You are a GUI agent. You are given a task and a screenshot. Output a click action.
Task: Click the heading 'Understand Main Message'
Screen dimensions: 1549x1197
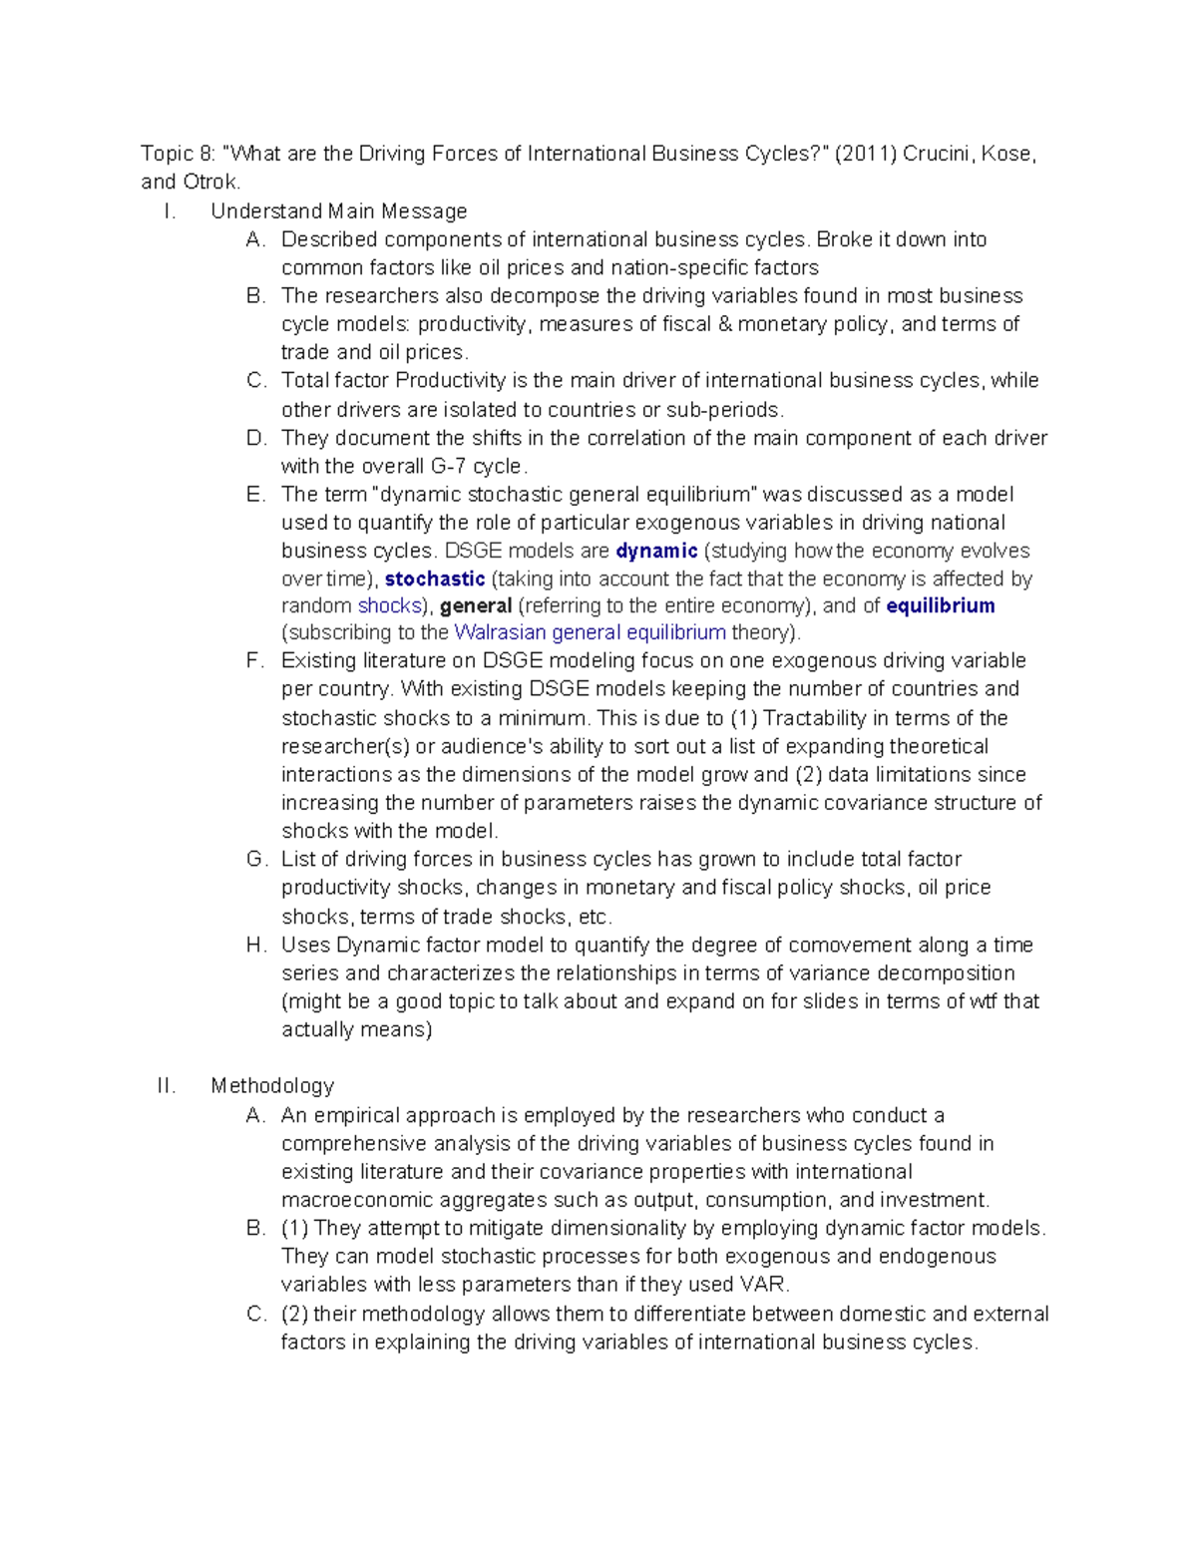tap(338, 210)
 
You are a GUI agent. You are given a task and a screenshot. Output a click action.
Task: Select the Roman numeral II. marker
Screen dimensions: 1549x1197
tap(166, 1085)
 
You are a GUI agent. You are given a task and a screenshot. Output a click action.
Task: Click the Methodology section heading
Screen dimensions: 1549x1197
tap(271, 1085)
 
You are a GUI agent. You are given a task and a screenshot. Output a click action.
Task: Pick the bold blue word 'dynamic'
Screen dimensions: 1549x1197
tap(656, 551)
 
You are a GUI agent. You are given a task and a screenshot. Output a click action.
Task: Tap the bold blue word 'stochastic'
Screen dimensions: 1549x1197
tap(434, 579)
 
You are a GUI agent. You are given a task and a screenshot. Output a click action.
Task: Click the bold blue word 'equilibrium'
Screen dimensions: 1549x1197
tap(940, 605)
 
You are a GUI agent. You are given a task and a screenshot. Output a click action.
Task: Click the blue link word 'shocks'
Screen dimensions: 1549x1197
tap(389, 605)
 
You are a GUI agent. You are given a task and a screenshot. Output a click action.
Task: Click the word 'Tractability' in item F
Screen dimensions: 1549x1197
tap(817, 718)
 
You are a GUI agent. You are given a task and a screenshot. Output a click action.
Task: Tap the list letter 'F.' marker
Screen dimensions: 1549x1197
tap(255, 660)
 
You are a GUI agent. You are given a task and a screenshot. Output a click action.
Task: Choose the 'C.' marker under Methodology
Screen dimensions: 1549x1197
tap(255, 1314)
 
